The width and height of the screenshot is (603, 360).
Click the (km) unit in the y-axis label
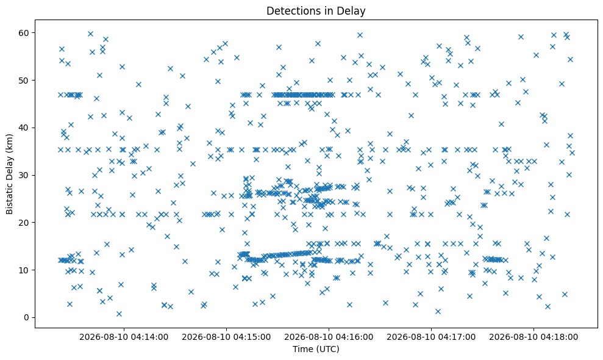click(x=9, y=143)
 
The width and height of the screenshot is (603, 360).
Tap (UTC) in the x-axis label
click(x=327, y=349)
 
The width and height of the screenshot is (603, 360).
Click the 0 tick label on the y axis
click(x=27, y=318)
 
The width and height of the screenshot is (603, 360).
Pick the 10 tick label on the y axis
click(x=25, y=270)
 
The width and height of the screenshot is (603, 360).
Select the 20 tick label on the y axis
click(x=25, y=223)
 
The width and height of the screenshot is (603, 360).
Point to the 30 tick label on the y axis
click(x=25, y=175)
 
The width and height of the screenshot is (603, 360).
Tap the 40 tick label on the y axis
click(x=25, y=128)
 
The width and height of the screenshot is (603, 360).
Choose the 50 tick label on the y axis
click(x=25, y=81)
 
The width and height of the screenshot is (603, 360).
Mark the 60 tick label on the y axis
click(x=25, y=33)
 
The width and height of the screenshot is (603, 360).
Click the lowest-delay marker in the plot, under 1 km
click(x=120, y=314)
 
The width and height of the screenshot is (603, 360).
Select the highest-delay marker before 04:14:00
click(x=90, y=34)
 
